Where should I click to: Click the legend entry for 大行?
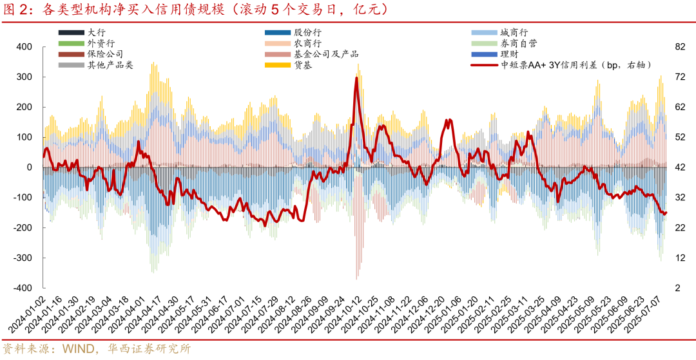pos(96,32)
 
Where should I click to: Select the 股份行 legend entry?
pos(307,32)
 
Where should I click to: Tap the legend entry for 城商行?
pos(514,32)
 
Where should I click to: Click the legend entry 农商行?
pos(307,43)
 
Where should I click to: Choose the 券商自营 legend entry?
pos(518,43)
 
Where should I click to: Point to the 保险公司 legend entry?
pos(105,54)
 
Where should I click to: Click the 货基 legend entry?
pos(303,65)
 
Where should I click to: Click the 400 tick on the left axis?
pos(24,46)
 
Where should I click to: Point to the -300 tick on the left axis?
pos(23,258)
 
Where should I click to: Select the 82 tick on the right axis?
pos(679,46)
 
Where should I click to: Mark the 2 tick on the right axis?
pos(677,288)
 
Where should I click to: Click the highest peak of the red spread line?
pos(356,78)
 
